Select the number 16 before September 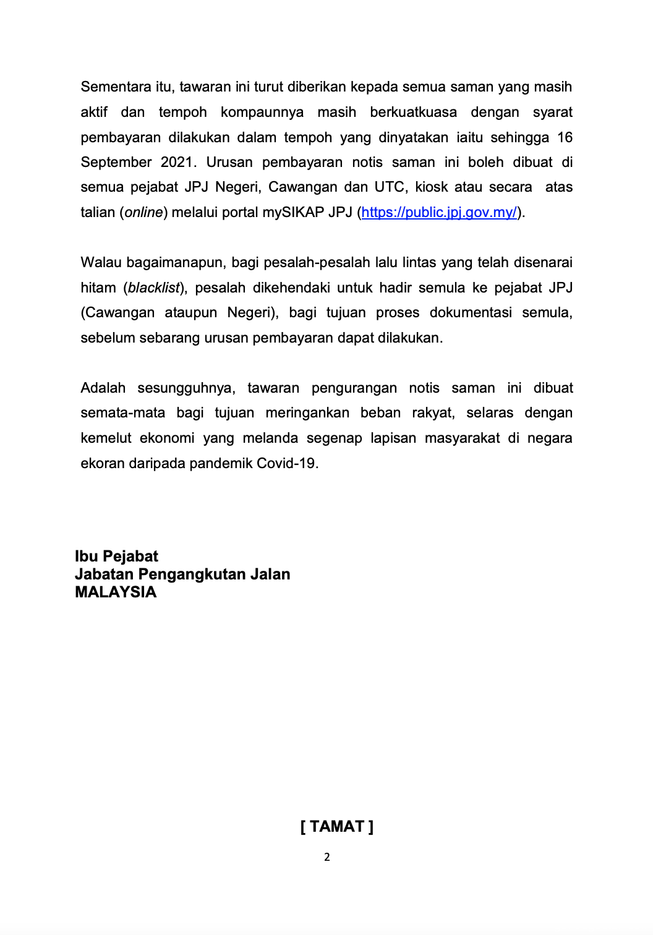[565, 137]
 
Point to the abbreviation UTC [390, 187]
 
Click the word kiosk [431, 187]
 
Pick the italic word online [144, 212]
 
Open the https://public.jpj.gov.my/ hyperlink [439, 212]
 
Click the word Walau [101, 262]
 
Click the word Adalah [103, 388]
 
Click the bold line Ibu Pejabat [116, 556]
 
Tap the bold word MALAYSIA [116, 592]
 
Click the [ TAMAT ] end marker [337, 827]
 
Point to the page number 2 [327, 857]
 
